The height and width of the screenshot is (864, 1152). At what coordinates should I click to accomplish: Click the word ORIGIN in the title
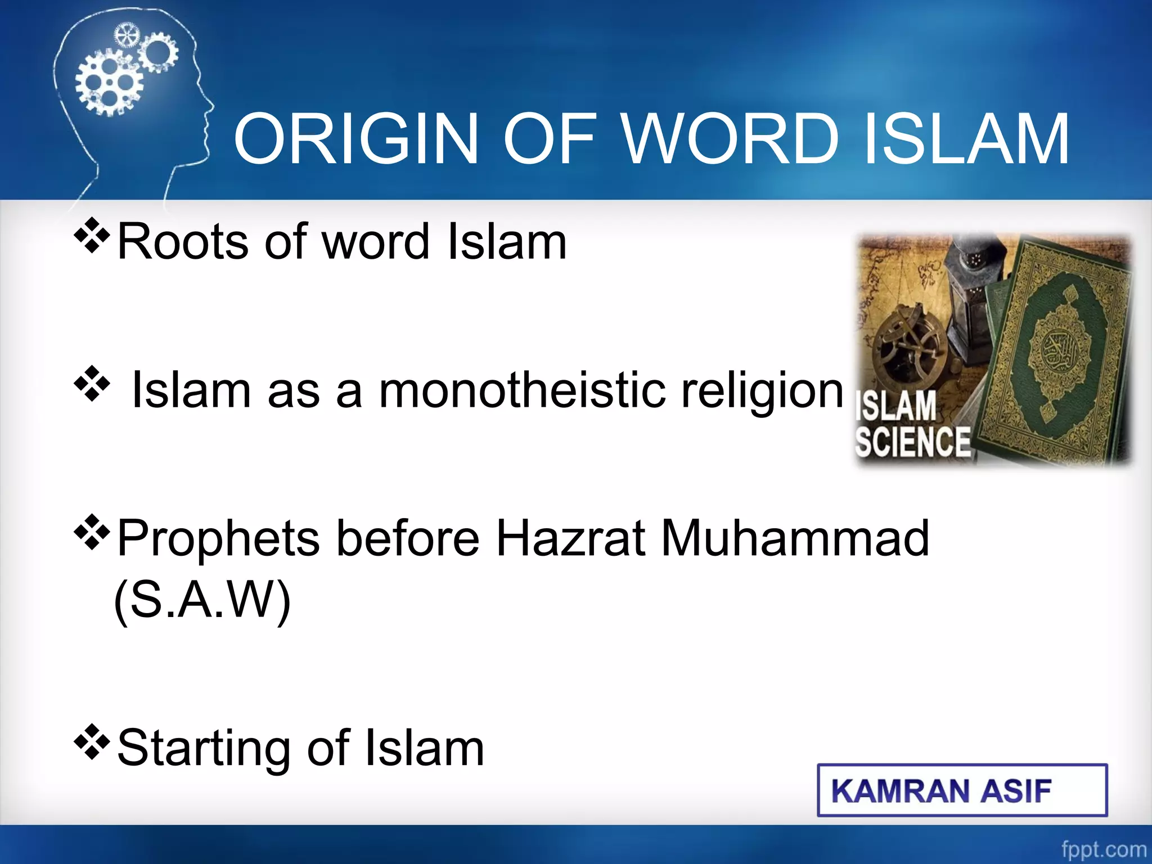pos(355,139)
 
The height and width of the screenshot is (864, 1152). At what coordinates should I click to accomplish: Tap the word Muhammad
pos(795,538)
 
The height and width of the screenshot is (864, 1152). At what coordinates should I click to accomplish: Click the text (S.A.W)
pos(202,600)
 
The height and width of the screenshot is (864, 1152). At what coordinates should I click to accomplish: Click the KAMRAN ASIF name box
pos(961,790)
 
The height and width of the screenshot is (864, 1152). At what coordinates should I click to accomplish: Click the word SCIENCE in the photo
pos(912,442)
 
